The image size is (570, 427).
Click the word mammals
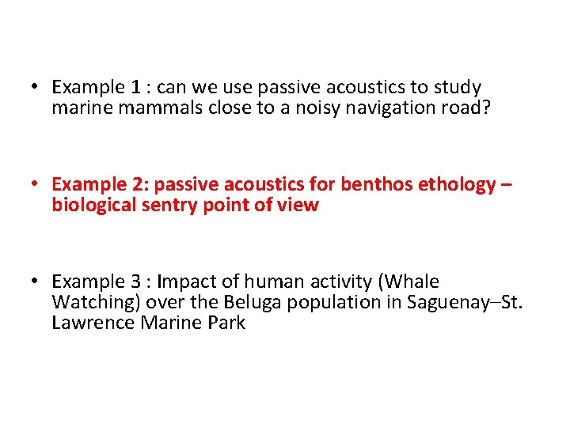pyautogui.click(x=150, y=108)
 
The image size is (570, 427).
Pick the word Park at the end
pyautogui.click(x=226, y=323)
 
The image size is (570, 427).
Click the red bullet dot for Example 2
pyautogui.click(x=36, y=184)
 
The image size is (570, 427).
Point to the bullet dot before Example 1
pyautogui.click(x=36, y=87)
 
